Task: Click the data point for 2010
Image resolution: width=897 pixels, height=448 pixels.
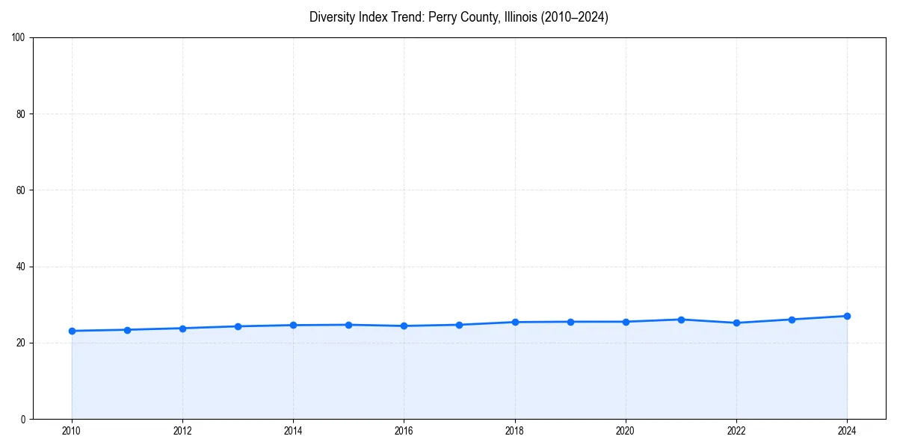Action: [72, 331]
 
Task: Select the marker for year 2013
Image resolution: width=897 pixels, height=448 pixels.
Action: [238, 326]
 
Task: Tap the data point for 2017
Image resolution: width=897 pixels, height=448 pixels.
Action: [459, 325]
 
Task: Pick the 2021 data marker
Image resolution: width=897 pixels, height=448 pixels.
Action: [681, 320]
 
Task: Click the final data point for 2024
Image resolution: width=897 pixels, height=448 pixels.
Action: [847, 316]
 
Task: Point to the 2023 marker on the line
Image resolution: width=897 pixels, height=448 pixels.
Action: [792, 320]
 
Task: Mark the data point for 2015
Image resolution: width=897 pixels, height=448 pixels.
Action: [348, 325]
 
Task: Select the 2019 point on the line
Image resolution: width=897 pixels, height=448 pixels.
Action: [570, 322]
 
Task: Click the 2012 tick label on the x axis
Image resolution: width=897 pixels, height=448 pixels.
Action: [182, 431]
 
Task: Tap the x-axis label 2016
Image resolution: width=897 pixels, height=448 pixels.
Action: [404, 431]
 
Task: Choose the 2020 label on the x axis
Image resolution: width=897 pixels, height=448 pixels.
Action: [626, 431]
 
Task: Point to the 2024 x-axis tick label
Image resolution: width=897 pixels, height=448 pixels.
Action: [847, 431]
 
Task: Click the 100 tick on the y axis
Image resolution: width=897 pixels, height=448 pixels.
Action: [19, 37]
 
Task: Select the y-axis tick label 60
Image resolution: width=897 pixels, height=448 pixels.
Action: [22, 190]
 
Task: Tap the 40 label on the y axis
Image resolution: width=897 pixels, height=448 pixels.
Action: [22, 267]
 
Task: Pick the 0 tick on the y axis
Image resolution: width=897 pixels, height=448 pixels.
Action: [24, 419]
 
